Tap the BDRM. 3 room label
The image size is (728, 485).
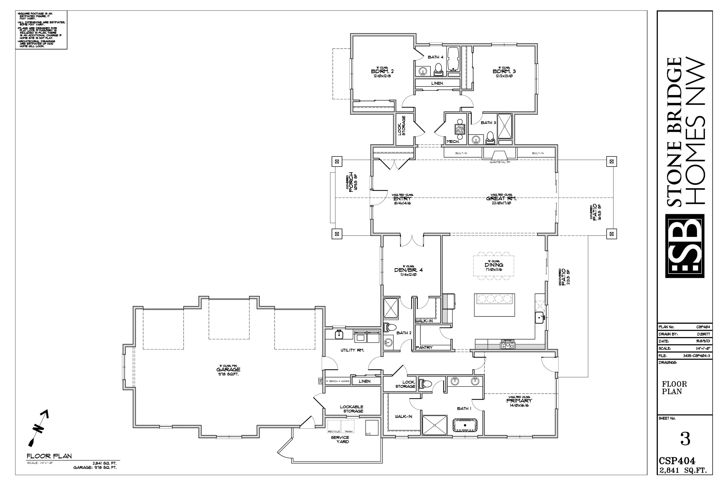coord(504,72)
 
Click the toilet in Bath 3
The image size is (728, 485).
coord(490,138)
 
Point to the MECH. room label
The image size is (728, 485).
coord(453,142)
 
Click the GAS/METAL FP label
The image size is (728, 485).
coord(500,162)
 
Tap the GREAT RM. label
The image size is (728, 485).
coord(501,199)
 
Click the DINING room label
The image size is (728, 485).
coord(494,265)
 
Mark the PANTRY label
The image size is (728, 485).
coord(424,348)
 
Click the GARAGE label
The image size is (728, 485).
coord(228,370)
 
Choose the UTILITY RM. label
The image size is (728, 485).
coord(352,350)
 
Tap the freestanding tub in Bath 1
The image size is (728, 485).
coord(465,425)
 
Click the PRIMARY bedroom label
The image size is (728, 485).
coord(519,401)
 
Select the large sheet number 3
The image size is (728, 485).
coord(685,439)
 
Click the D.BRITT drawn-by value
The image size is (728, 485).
coord(703,334)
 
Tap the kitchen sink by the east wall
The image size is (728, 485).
coord(539,318)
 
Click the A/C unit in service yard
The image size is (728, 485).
coord(372,428)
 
